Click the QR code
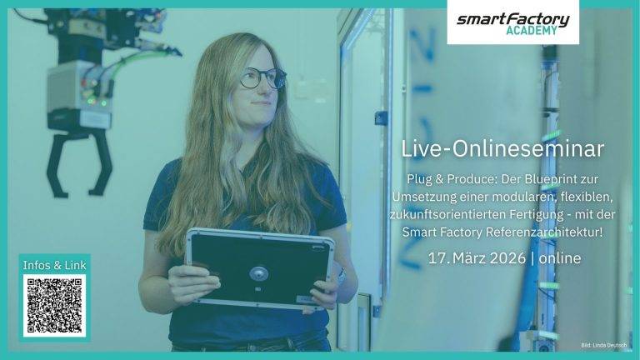54,306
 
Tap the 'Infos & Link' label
54,265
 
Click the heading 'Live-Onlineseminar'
502,149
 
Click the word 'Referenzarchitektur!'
550,231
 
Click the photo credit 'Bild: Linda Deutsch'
605,345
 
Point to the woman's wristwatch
340,276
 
